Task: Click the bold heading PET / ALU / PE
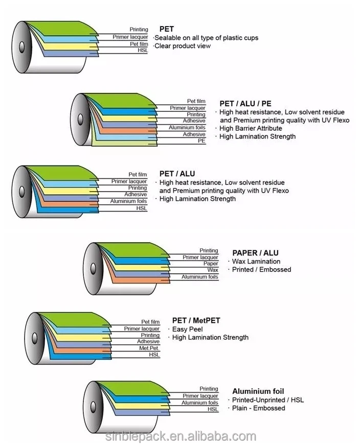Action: [x=245, y=104]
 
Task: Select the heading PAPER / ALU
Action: [x=255, y=253]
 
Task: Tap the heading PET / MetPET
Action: [x=196, y=321]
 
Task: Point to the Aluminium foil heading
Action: [x=258, y=391]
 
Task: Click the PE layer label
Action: [x=201, y=141]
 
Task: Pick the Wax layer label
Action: [x=213, y=270]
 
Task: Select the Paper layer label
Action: [x=211, y=264]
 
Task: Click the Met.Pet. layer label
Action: [x=149, y=348]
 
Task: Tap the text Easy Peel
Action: [x=187, y=329]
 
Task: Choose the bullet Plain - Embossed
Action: [x=258, y=408]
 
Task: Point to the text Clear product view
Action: [x=182, y=46]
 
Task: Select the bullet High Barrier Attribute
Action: [x=251, y=128]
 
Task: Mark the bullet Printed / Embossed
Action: [x=261, y=270]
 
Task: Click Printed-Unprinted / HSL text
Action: [x=267, y=400]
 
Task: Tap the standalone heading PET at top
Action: [x=166, y=29]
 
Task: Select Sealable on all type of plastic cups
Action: [x=206, y=38]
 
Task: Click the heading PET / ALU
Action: [x=177, y=174]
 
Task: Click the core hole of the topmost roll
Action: [x=21, y=45]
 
